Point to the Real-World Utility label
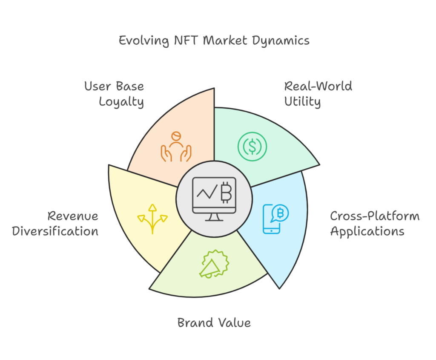318,94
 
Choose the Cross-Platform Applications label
375,224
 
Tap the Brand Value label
214,323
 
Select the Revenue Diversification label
55,224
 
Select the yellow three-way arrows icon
152,219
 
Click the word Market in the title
224,41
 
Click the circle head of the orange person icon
175,137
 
